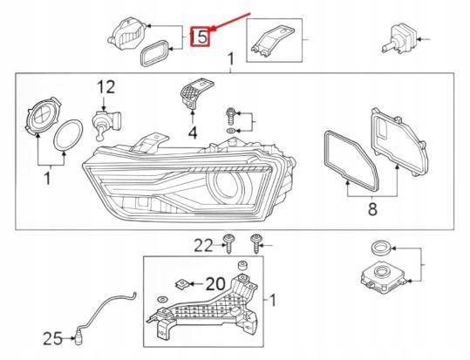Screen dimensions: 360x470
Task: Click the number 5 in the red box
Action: click(x=201, y=37)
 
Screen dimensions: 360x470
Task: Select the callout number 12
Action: click(x=106, y=86)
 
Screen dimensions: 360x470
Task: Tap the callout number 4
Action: click(x=192, y=132)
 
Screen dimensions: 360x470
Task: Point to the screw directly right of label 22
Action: click(x=256, y=241)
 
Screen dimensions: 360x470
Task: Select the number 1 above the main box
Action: click(x=231, y=59)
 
